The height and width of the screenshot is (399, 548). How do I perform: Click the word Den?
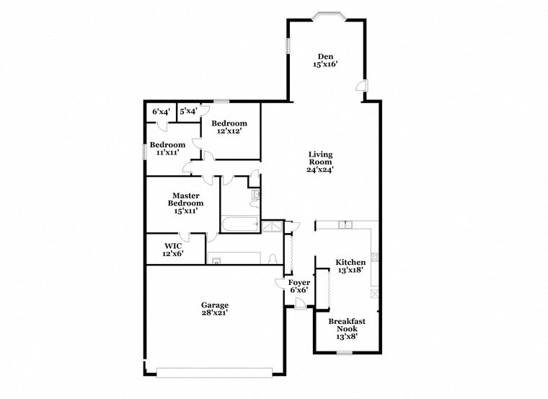[x=326, y=56]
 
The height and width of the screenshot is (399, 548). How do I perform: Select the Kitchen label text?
[x=350, y=262]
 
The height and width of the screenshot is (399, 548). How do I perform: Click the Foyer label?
[x=299, y=282]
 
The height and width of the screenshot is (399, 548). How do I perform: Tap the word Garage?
[x=215, y=305]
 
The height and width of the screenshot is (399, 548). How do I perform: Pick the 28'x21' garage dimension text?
[x=215, y=314]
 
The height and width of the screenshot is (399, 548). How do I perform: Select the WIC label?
[x=172, y=245]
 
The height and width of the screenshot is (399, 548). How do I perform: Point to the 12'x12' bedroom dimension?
[x=229, y=131]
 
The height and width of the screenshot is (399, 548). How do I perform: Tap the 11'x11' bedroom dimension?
[x=167, y=152]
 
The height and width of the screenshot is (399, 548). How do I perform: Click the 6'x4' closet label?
[x=161, y=112]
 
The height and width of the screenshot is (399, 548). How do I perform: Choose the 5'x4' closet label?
[x=188, y=112]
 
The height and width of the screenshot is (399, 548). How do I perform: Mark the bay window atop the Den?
[x=326, y=15]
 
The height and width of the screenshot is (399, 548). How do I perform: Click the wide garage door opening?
[x=214, y=372]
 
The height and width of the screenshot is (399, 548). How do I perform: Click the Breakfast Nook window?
[x=344, y=353]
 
